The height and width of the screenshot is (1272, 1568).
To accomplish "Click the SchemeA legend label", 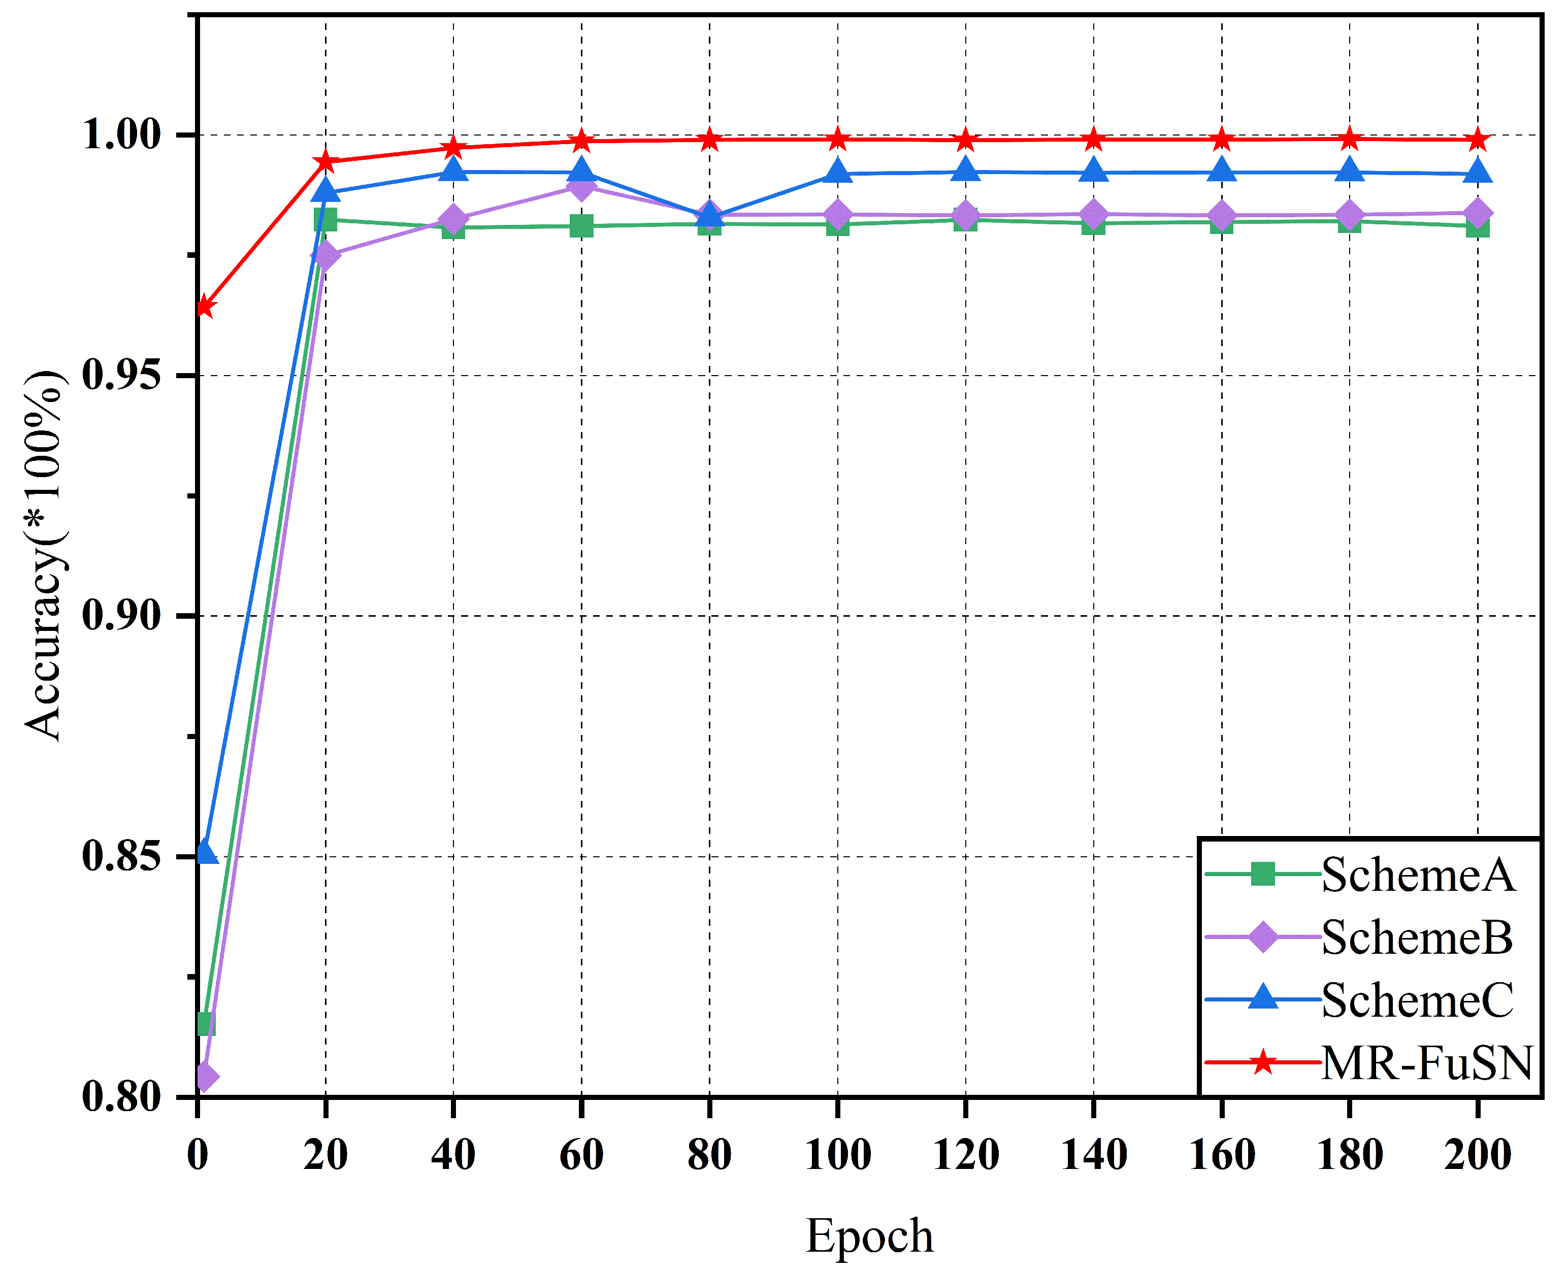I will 1418,875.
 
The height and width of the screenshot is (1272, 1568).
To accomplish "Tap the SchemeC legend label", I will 1417,1000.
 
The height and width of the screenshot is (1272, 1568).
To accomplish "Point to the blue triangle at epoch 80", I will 709,215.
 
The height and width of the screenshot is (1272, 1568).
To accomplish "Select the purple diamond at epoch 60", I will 581,187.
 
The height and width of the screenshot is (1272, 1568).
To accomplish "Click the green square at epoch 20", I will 325,220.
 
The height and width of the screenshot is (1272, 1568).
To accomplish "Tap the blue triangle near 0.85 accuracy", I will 207,852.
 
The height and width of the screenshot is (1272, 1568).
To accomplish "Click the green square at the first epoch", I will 206,1024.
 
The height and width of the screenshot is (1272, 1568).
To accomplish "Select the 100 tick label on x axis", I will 837,1155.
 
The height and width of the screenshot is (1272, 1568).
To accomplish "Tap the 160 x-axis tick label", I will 1221,1155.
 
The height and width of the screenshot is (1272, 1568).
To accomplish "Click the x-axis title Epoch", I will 869,1235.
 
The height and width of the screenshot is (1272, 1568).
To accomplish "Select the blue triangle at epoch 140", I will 1094,172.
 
